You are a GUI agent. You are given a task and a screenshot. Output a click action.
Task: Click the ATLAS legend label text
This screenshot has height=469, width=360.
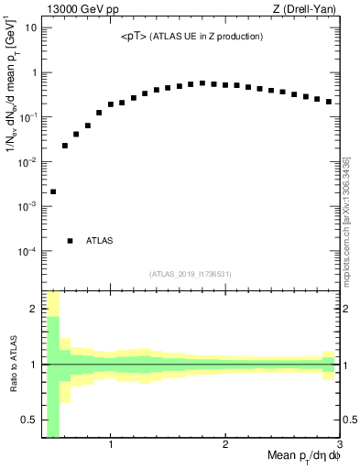point(99,241)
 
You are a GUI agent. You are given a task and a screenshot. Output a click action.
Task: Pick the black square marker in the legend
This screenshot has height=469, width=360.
point(70,241)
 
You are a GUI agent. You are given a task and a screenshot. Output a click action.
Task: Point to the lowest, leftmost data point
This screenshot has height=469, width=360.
point(53,191)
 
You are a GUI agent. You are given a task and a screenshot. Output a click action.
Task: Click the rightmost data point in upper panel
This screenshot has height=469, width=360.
point(329,102)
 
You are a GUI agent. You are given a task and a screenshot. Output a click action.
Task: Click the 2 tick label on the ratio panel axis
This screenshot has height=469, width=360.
point(34,309)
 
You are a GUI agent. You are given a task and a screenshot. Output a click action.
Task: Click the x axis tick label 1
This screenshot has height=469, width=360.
point(111,446)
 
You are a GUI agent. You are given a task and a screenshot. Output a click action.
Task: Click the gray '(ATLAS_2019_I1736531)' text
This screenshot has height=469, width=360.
point(191,273)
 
